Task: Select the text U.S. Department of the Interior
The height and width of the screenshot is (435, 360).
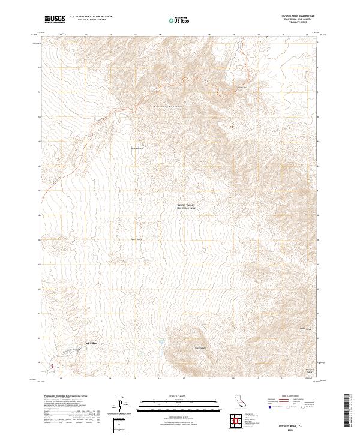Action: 91,17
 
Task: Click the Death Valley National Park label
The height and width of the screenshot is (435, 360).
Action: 187,206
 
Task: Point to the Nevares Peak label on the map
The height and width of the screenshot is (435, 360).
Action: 200,347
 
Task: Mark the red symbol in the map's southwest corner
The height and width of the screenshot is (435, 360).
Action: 52,367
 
